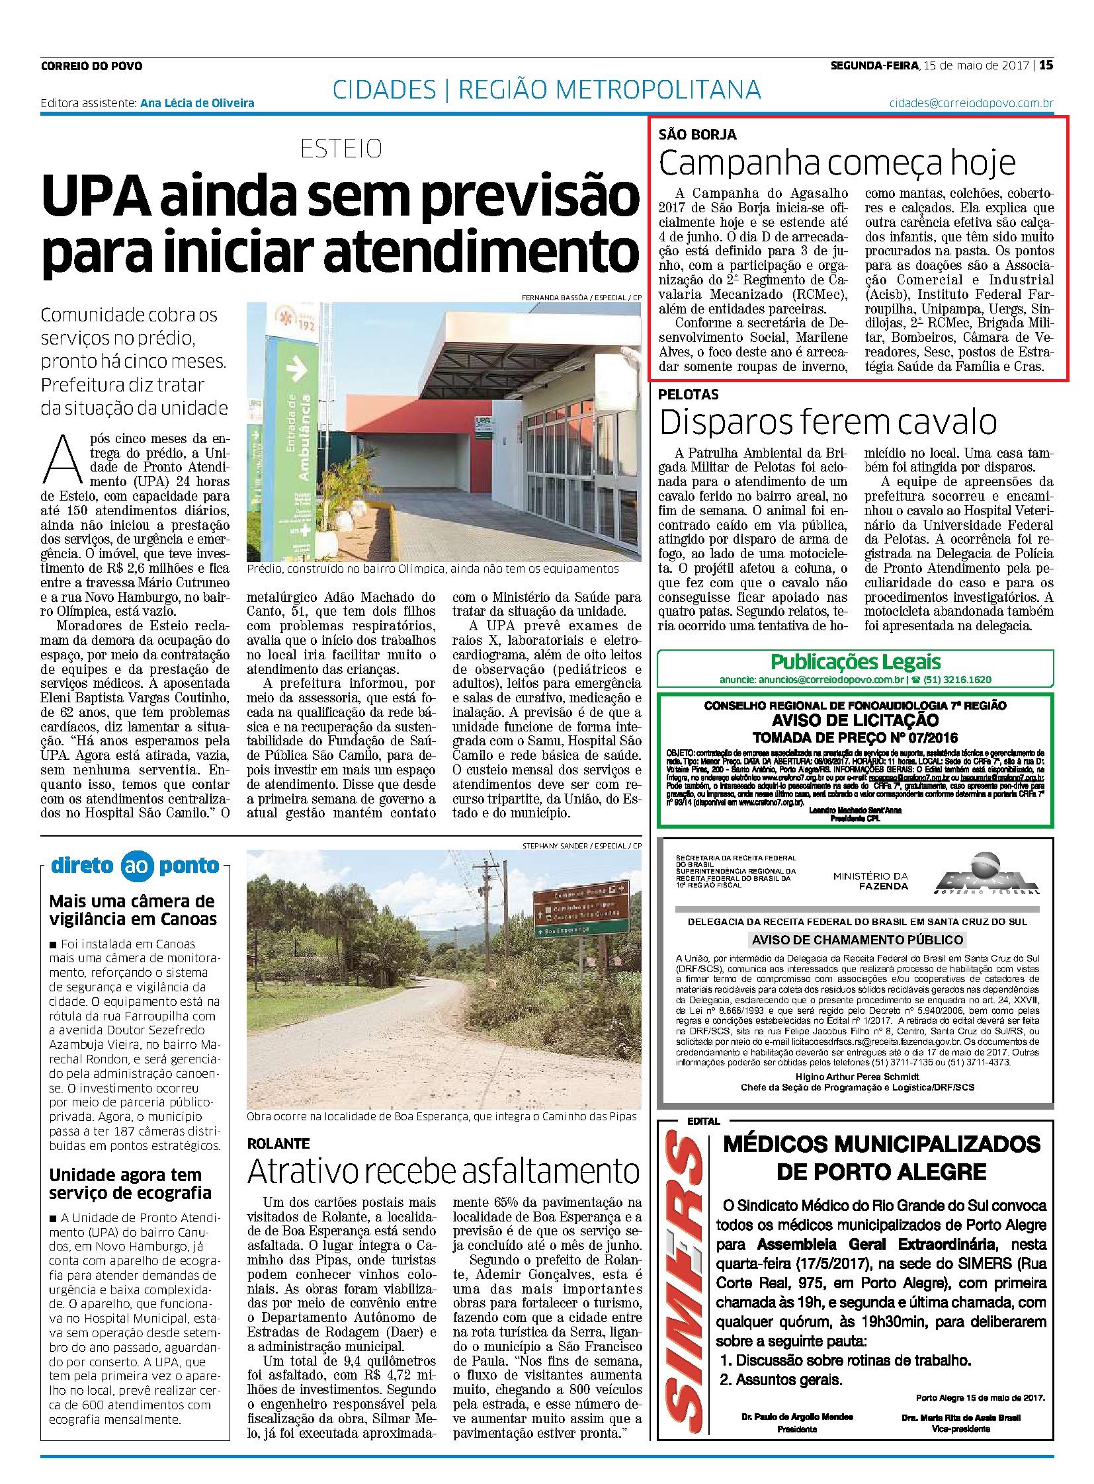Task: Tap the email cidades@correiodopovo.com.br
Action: [x=971, y=103]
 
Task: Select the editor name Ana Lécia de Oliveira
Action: [x=197, y=103]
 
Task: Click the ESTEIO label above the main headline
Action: [x=341, y=148]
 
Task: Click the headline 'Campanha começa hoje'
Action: [x=837, y=163]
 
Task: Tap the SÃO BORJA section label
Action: [x=697, y=134]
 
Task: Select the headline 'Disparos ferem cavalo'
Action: [x=828, y=422]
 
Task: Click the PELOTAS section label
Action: [x=688, y=395]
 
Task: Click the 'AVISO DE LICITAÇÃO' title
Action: [x=855, y=720]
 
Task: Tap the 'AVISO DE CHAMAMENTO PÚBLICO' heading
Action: [x=857, y=940]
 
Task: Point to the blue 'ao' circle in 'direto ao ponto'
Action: [x=137, y=866]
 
